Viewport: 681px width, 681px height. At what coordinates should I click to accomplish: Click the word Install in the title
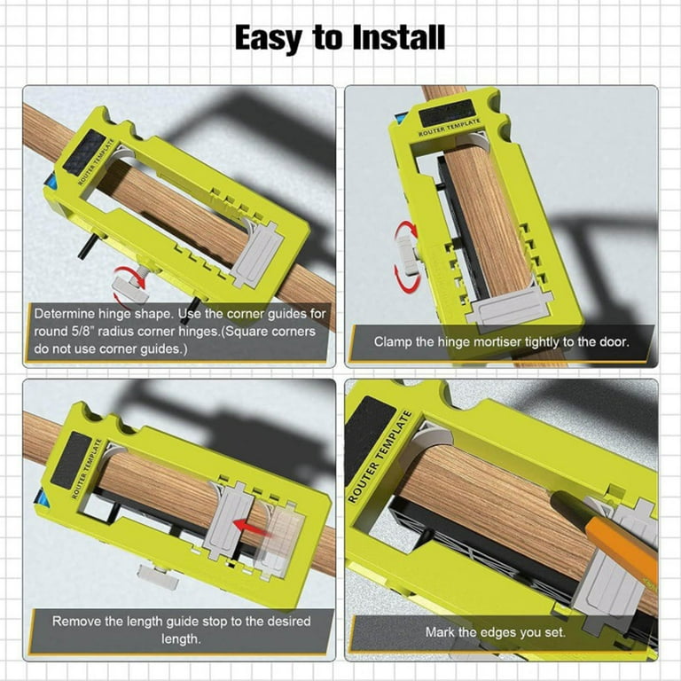tap(399, 38)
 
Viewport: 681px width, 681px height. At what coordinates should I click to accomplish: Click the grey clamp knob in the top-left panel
tap(130, 289)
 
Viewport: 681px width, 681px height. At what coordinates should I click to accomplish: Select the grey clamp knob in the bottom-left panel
tap(157, 577)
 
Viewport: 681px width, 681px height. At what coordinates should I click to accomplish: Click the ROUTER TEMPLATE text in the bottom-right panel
tap(380, 457)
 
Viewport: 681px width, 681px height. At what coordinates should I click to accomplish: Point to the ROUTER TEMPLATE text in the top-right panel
tap(450, 128)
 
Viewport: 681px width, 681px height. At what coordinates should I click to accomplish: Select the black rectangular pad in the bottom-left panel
tap(71, 460)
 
